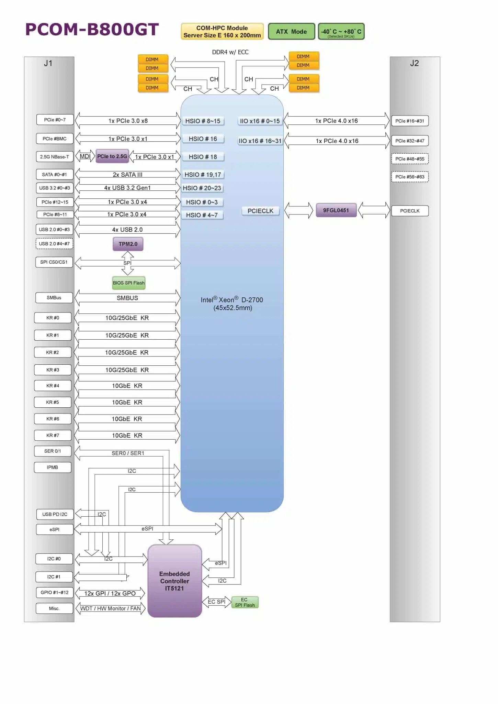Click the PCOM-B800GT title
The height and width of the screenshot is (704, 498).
(92, 30)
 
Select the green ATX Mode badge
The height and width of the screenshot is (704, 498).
(291, 32)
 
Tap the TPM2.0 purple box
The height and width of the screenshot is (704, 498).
(128, 244)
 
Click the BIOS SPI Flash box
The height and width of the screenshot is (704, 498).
(129, 283)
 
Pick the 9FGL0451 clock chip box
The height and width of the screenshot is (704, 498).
(336, 210)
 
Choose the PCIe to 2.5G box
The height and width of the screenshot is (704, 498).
(112, 156)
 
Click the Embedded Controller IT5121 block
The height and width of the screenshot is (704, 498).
(174, 581)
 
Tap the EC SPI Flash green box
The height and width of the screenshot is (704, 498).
(245, 602)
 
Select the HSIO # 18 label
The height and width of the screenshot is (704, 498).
(203, 157)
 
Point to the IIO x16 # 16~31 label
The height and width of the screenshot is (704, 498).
(260, 141)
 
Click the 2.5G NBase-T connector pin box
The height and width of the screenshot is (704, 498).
(55, 157)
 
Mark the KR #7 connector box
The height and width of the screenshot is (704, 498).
(53, 436)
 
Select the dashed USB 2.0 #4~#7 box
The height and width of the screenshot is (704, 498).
(54, 244)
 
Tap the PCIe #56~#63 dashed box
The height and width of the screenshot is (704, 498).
(410, 177)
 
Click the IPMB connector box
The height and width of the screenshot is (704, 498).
(53, 467)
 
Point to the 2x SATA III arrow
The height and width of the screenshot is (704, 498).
(127, 175)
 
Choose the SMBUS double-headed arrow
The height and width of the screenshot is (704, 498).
(127, 298)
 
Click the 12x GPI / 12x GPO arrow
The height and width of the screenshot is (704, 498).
(110, 594)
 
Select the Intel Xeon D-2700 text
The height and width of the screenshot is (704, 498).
(232, 304)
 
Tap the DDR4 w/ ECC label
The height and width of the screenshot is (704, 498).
(230, 52)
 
